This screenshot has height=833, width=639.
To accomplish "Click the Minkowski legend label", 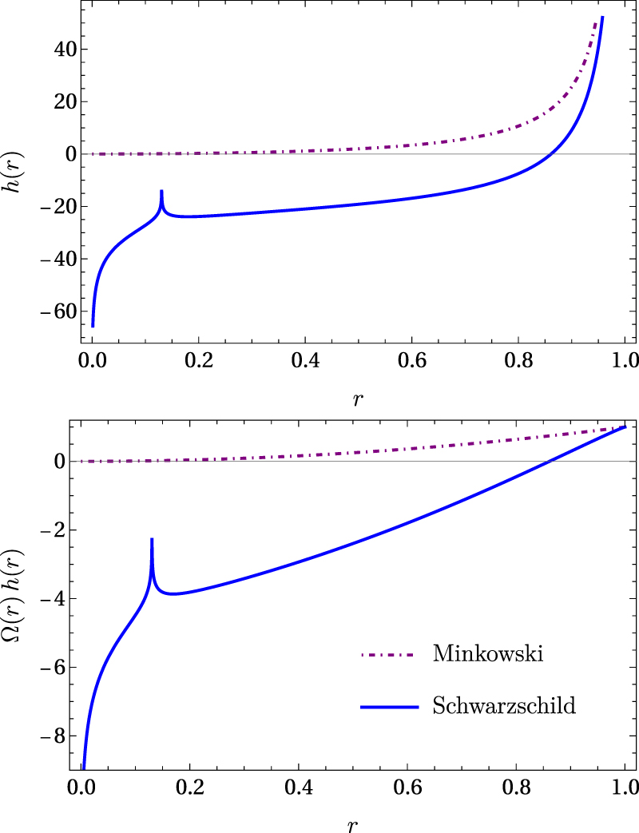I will click(488, 654).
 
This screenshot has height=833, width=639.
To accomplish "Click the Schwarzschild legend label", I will click(503, 706).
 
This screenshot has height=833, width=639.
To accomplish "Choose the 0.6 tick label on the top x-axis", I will click(464, 357).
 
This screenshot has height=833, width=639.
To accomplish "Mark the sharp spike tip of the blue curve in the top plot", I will click(161, 191).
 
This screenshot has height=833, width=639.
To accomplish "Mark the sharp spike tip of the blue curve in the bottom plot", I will click(152, 540).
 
